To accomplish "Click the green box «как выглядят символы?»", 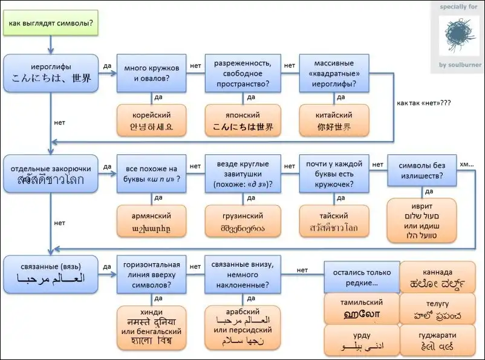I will [x=51, y=24].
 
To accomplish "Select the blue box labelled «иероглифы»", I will [x=51, y=73].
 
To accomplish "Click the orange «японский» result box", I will [x=243, y=120].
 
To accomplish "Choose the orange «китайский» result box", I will [x=334, y=120].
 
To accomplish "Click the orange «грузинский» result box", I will [x=243, y=221].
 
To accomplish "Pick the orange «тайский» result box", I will [x=334, y=221].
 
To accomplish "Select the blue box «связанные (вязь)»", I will [x=51, y=273].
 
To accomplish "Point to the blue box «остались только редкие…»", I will [x=361, y=277].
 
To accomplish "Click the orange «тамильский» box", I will [x=361, y=308].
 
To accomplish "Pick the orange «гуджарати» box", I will [x=437, y=341].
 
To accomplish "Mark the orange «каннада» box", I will [x=438, y=277].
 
